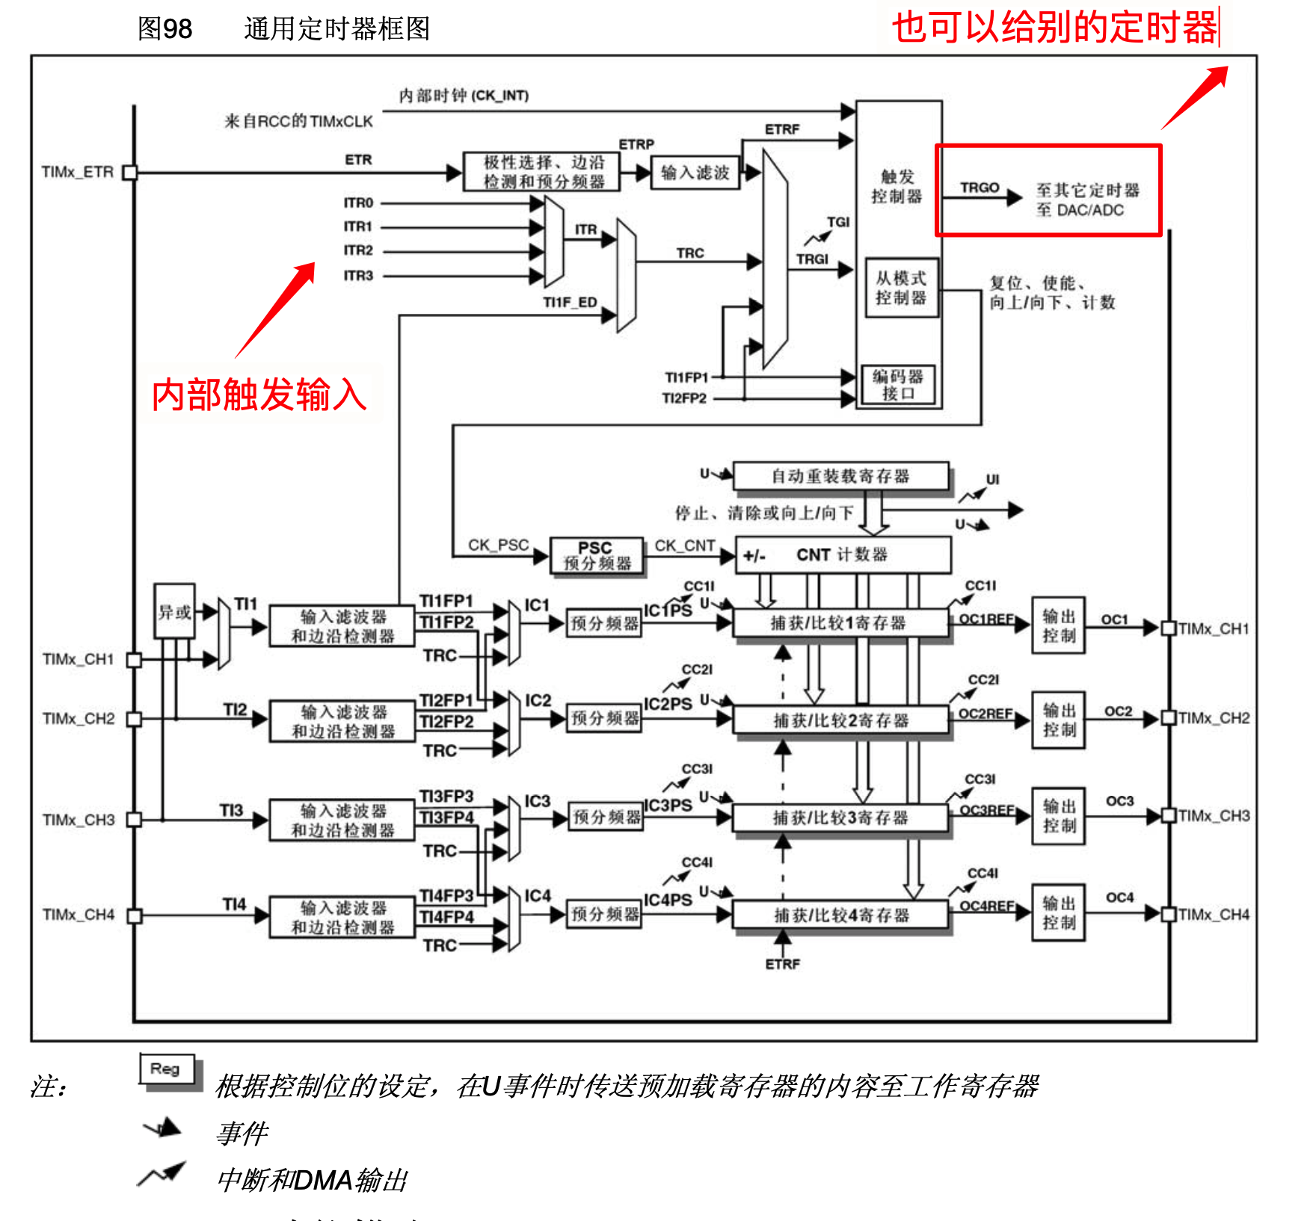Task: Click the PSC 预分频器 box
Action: (x=597, y=556)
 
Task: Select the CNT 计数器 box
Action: (x=843, y=555)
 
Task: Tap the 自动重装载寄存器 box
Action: (x=840, y=476)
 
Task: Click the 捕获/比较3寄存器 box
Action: (x=840, y=818)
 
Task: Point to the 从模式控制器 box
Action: (x=901, y=288)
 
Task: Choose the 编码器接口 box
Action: (x=898, y=385)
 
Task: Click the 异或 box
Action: (x=174, y=612)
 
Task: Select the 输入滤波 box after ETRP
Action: (x=695, y=173)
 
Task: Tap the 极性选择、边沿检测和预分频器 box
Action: (x=542, y=172)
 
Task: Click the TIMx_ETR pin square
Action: (x=130, y=173)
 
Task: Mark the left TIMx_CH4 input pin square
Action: (x=135, y=915)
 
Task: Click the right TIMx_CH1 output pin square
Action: (x=1169, y=628)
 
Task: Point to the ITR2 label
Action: (x=358, y=250)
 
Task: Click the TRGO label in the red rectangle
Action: (x=980, y=188)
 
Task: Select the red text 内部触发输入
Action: (x=259, y=395)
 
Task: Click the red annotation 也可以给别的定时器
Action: (x=1054, y=28)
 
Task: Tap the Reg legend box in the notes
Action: (x=167, y=1069)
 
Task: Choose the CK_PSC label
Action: (x=498, y=545)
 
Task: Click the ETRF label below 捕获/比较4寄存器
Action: (x=782, y=965)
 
